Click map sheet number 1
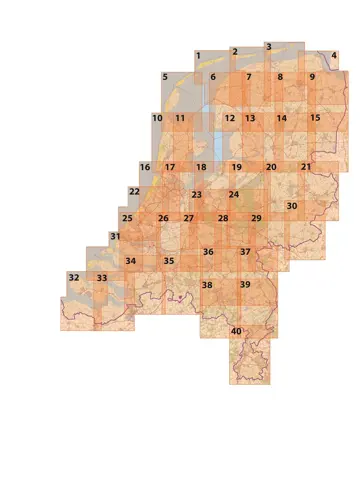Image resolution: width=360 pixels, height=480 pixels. point(198,56)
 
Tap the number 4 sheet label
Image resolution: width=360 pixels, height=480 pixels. point(333,56)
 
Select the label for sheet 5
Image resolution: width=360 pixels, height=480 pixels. point(165,77)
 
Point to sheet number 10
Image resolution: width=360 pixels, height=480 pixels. point(157,118)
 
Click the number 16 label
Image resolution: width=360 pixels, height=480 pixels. point(145,167)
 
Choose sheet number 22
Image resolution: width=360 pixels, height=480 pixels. point(134,191)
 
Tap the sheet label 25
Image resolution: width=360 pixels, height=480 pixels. point(127,218)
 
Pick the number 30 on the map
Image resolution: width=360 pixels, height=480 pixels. point(292,207)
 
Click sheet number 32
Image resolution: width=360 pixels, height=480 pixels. point(73,277)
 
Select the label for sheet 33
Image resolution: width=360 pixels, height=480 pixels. point(101,277)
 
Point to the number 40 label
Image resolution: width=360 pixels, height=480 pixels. point(236,331)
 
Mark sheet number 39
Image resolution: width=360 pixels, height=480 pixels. point(245,285)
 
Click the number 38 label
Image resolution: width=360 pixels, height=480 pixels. point(207,285)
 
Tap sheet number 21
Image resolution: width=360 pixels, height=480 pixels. point(306,166)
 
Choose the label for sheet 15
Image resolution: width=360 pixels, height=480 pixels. point(315,118)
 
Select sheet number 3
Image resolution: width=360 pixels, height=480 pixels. point(268,47)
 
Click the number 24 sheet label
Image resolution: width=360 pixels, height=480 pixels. point(233,194)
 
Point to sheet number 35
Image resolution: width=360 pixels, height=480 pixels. point(169,261)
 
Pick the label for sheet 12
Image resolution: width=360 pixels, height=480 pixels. point(229,118)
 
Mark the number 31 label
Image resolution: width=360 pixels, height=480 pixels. point(115,237)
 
